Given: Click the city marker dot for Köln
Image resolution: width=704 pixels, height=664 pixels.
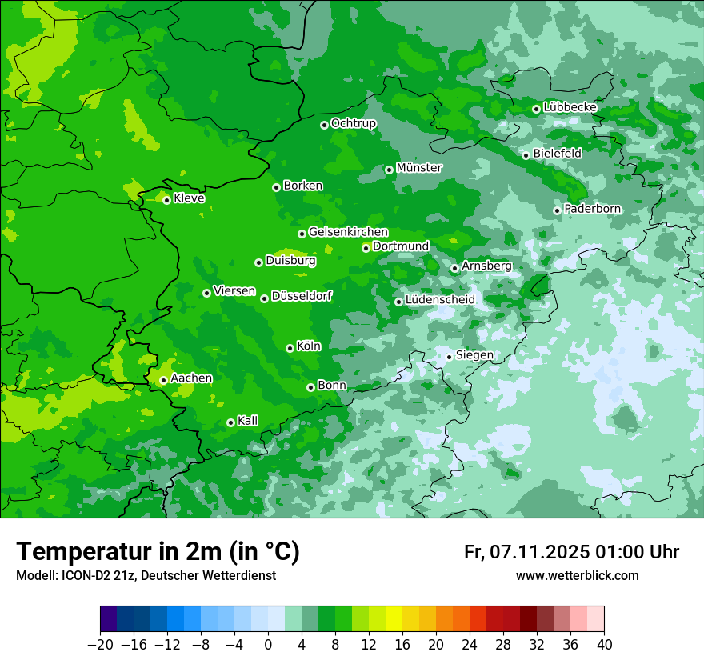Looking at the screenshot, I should [290, 348].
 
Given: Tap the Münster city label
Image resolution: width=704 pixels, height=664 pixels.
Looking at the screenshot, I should [419, 168].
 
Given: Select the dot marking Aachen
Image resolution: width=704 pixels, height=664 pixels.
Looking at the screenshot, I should [163, 381].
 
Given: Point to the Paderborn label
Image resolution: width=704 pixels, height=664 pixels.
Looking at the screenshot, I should [592, 209].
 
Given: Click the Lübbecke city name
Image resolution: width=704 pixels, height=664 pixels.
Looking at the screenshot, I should [570, 107].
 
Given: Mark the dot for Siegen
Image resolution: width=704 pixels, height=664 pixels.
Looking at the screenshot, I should [449, 357].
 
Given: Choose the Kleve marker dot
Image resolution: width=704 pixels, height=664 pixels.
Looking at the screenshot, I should [166, 200].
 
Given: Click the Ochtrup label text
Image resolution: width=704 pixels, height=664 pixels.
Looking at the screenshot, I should [353, 123].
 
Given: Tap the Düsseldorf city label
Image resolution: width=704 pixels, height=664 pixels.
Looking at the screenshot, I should [302, 296].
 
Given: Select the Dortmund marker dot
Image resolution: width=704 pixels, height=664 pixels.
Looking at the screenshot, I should [366, 248].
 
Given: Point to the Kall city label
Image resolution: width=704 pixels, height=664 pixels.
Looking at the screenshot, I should [247, 421].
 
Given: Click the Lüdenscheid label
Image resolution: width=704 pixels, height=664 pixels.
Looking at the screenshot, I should [440, 300].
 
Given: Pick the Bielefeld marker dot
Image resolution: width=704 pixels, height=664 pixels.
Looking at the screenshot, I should [526, 155].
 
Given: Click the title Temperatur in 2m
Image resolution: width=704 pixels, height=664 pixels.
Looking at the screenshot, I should [158, 551].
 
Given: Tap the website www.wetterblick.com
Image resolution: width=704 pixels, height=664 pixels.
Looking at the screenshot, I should [577, 576].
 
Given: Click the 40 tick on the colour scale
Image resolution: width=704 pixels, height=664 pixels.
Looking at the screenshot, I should [604, 645].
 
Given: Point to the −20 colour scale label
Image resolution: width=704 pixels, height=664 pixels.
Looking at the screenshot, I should [100, 645].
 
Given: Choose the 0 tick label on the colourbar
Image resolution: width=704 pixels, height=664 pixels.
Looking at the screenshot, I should [268, 645].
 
